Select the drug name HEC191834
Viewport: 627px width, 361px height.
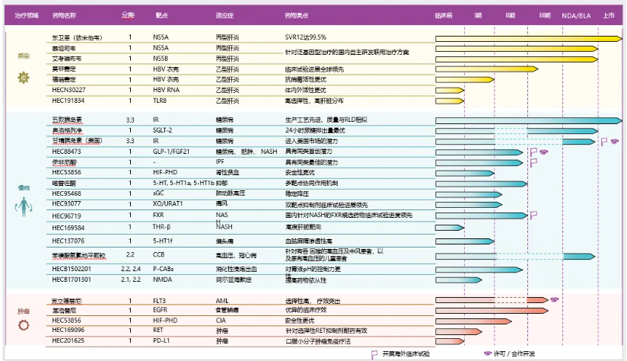(x=68, y=100)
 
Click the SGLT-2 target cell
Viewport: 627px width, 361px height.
(x=163, y=131)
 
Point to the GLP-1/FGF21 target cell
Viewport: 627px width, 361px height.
(x=171, y=152)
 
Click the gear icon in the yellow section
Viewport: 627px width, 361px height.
(x=24, y=77)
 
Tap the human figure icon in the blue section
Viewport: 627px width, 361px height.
(x=24, y=205)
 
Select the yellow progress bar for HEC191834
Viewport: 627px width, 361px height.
(x=449, y=100)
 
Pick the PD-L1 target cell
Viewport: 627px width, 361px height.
(x=161, y=341)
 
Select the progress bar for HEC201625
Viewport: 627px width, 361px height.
(x=449, y=341)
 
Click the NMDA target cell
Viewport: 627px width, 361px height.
(x=161, y=279)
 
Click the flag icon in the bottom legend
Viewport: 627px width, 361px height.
(x=374, y=353)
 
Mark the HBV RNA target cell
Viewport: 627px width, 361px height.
(x=164, y=89)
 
